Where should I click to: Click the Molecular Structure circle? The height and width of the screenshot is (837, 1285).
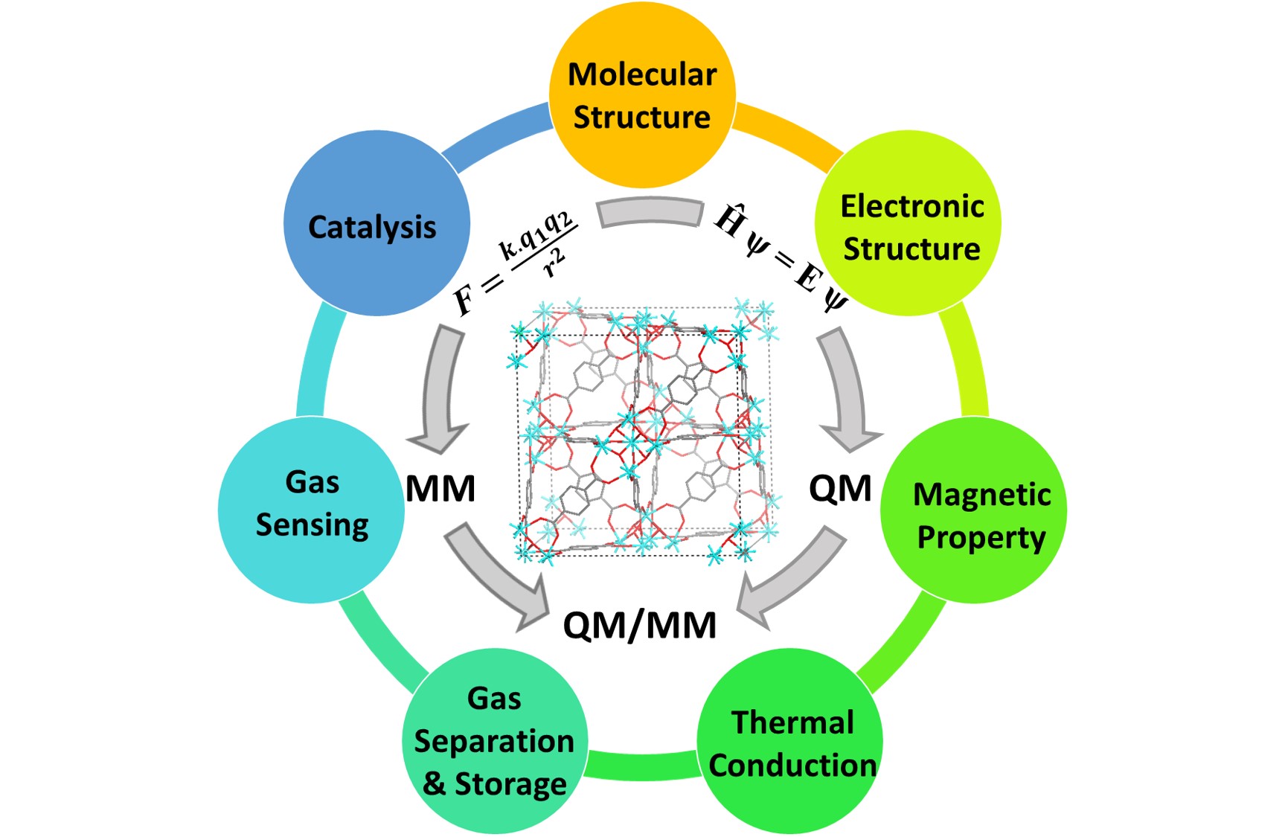coord(642,94)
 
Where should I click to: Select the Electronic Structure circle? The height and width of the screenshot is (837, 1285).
coord(908,223)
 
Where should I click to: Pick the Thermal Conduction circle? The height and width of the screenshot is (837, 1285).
coord(790,741)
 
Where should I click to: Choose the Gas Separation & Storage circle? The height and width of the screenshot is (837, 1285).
coord(495,741)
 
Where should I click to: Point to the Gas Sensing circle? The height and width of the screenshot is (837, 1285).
coord(311,510)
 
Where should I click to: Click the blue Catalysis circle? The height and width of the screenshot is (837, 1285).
coord(376,223)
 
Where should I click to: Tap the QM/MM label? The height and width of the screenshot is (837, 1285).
coord(640,625)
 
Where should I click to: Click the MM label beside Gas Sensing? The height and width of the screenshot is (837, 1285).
coord(440,489)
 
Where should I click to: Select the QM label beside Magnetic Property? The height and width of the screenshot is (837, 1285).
coord(840,489)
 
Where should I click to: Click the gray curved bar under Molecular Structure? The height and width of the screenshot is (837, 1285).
coord(650,212)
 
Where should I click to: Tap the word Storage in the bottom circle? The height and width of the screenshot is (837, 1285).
coord(510,784)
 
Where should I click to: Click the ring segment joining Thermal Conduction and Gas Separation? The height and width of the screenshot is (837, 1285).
coord(642,766)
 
